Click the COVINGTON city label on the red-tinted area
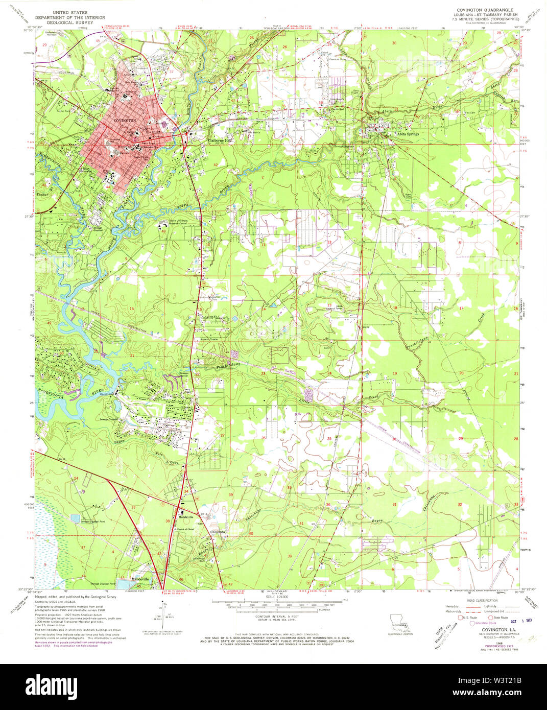point(125,120)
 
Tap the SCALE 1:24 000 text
point(273,597)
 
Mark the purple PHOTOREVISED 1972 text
point(483,645)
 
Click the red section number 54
point(76,478)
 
